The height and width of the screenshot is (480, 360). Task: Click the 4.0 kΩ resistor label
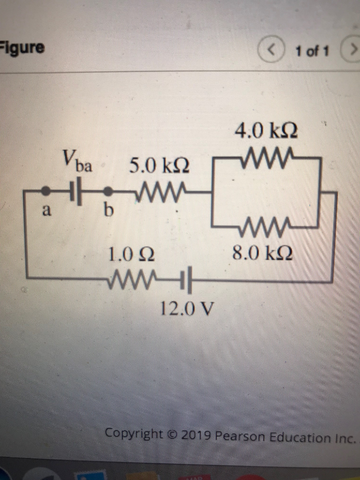pos(267,129)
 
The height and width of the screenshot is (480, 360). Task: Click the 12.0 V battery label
pos(187,308)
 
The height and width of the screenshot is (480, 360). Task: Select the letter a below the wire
pos(46,212)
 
